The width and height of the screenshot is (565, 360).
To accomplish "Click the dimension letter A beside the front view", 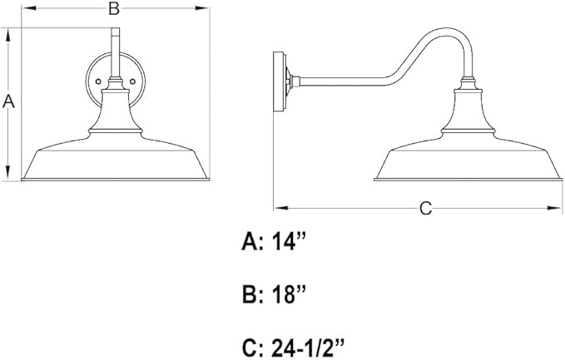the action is pos(8,101).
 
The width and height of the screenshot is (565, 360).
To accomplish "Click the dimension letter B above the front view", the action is pos(114,8).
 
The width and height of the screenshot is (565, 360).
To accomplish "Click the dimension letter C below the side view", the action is pos(425,208).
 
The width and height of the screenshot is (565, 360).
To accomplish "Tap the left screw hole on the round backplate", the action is pos(98,81).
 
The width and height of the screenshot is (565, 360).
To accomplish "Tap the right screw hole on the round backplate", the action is pos(132,81).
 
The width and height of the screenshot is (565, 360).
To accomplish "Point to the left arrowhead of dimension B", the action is pos(29,8).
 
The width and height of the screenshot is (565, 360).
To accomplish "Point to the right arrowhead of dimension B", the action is pos(202,8).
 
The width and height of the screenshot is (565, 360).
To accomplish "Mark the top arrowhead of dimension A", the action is pos(8,35).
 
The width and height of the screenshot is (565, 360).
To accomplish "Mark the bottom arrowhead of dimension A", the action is pos(8,172).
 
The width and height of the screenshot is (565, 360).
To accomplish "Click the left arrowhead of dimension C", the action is pos(280,208).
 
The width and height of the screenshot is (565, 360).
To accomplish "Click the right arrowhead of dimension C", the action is pos(554,208).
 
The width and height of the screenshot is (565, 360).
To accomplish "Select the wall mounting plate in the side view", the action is pos(280,81).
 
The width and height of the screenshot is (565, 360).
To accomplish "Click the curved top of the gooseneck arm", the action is pos(446,30).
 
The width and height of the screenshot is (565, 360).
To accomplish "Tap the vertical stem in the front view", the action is pos(116,53).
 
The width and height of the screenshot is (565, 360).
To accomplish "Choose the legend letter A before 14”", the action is pos(250,241).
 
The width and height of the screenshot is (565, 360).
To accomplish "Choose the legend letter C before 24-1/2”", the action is pos(250,348).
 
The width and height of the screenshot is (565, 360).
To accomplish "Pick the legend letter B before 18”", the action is pos(250,295).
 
